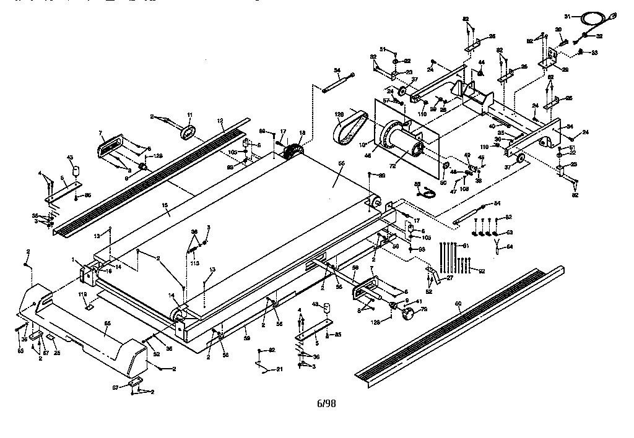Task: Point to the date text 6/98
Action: (326, 403)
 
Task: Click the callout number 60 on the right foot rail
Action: (458, 303)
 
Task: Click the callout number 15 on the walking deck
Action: (165, 213)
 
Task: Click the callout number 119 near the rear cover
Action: (82, 294)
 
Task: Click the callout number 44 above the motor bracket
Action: (481, 63)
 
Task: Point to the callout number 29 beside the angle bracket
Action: (564, 69)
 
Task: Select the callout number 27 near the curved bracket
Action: (449, 278)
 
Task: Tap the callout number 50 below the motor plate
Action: (443, 182)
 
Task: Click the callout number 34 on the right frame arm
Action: (570, 127)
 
